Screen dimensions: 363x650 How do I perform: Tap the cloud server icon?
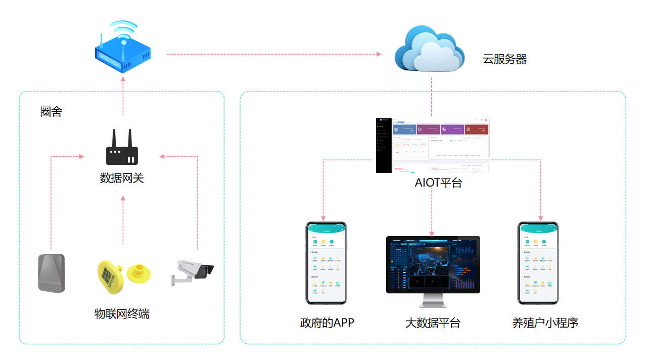tap(430, 50)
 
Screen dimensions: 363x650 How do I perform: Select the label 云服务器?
tap(504, 60)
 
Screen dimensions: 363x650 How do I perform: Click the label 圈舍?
tap(51, 112)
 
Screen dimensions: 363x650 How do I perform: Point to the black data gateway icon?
tap(122, 148)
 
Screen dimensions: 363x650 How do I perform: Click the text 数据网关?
tap(122, 178)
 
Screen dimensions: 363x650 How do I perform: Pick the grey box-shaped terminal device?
tap(52, 273)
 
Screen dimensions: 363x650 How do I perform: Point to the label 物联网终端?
tap(122, 314)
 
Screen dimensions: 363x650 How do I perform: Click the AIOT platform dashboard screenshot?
tap(433, 146)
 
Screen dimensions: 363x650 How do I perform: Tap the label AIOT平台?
tap(438, 183)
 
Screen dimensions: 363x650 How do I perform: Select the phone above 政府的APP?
tap(327, 263)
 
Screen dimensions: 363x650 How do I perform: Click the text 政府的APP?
tap(327, 323)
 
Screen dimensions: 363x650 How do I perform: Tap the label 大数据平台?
tap(433, 323)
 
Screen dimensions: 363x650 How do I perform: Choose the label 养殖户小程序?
tap(545, 323)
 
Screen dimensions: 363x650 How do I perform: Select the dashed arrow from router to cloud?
tap(273, 54)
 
